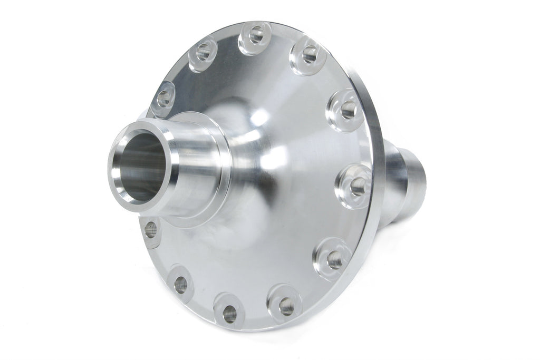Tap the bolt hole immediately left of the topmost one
pos(204,52)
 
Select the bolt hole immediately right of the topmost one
pos(310,53)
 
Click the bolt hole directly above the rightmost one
pos(348,110)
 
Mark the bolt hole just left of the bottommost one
pos(180,285)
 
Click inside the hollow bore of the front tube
pos(138,163)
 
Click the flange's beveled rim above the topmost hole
pos(258,24)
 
